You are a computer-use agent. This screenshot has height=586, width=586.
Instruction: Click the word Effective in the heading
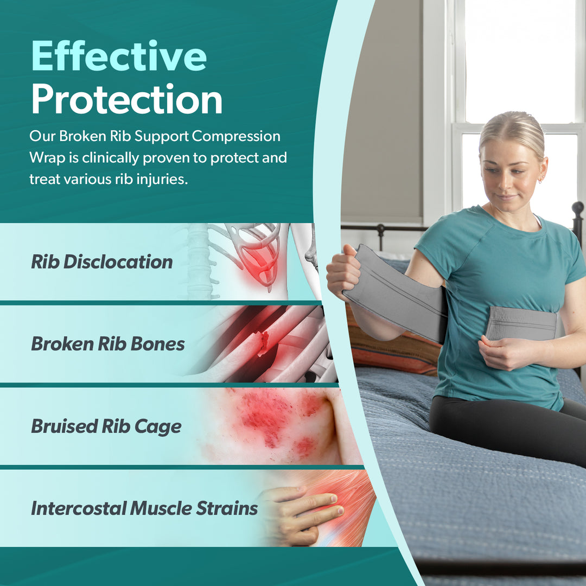119,56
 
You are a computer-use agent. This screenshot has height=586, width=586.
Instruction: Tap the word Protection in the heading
126,99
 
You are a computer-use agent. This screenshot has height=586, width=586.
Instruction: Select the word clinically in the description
110,158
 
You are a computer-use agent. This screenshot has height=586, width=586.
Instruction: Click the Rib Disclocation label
101,262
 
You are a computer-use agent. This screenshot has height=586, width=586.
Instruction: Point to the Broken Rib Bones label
107,344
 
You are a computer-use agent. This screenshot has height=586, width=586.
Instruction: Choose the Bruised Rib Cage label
106,426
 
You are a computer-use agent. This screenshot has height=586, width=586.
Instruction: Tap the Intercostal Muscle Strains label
144,508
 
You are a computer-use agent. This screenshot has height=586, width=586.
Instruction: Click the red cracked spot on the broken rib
264,342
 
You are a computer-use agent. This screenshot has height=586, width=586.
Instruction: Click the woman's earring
539,181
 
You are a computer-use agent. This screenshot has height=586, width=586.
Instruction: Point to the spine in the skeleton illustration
200,262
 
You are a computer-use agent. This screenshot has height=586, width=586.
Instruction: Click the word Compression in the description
236,137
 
